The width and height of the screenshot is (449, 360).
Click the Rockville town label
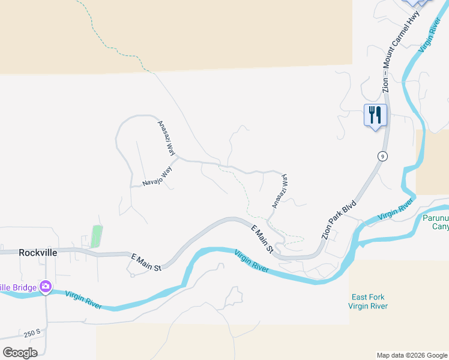(x=38, y=253)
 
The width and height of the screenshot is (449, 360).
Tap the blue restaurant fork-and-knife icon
(x=375, y=114)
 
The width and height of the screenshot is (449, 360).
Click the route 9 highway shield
(x=382, y=156)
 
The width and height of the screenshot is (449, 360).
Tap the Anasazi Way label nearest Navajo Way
(x=166, y=138)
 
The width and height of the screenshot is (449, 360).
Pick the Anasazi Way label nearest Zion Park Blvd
(x=280, y=191)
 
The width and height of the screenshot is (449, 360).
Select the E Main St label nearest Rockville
(x=146, y=263)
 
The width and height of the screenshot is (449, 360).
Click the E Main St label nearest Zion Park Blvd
(x=262, y=238)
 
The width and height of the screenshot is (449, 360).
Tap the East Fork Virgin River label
(x=368, y=301)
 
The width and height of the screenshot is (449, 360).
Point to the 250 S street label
(x=32, y=332)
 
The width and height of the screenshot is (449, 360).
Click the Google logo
(x=20, y=353)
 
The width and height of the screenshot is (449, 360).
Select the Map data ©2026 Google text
(x=412, y=355)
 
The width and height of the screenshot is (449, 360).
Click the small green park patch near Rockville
(x=96, y=236)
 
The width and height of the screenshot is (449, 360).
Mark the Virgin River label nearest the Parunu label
(x=396, y=210)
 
